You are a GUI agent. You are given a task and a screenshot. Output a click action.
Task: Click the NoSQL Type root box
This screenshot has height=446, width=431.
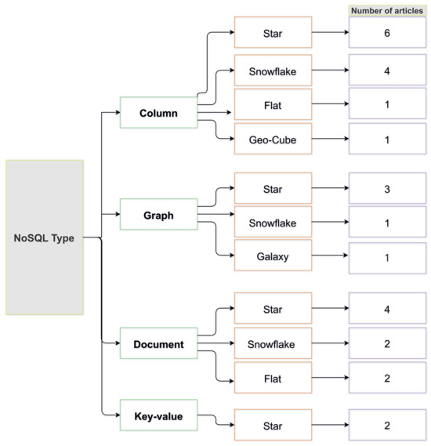click(44, 238)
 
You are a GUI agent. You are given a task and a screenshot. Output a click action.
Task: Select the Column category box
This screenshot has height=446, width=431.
click(158, 113)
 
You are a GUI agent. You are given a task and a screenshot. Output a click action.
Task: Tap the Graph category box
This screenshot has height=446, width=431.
click(158, 215)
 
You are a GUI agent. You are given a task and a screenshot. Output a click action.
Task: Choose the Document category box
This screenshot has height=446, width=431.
click(158, 344)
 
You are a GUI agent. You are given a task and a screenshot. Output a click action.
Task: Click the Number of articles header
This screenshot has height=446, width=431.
click(387, 10)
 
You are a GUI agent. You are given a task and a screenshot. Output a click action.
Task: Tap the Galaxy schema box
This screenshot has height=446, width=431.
click(273, 258)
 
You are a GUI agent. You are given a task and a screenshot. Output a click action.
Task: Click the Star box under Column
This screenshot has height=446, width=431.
click(273, 33)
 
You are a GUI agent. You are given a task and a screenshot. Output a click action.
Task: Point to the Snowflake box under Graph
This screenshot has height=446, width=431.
click(273, 223)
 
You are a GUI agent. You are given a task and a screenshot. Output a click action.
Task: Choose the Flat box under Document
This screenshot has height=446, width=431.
click(273, 379)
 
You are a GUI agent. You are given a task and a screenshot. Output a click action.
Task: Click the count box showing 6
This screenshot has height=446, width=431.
click(387, 34)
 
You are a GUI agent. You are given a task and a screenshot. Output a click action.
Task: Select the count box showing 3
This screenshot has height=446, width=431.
click(387, 189)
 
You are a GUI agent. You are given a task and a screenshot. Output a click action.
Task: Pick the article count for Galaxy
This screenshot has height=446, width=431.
click(387, 258)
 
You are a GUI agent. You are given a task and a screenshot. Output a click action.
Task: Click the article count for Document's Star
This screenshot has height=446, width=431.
click(387, 309)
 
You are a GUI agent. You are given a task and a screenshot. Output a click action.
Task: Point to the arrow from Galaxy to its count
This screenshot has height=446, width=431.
click(330, 258)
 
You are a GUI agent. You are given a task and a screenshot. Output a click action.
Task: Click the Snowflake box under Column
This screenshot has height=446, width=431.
click(273, 70)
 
